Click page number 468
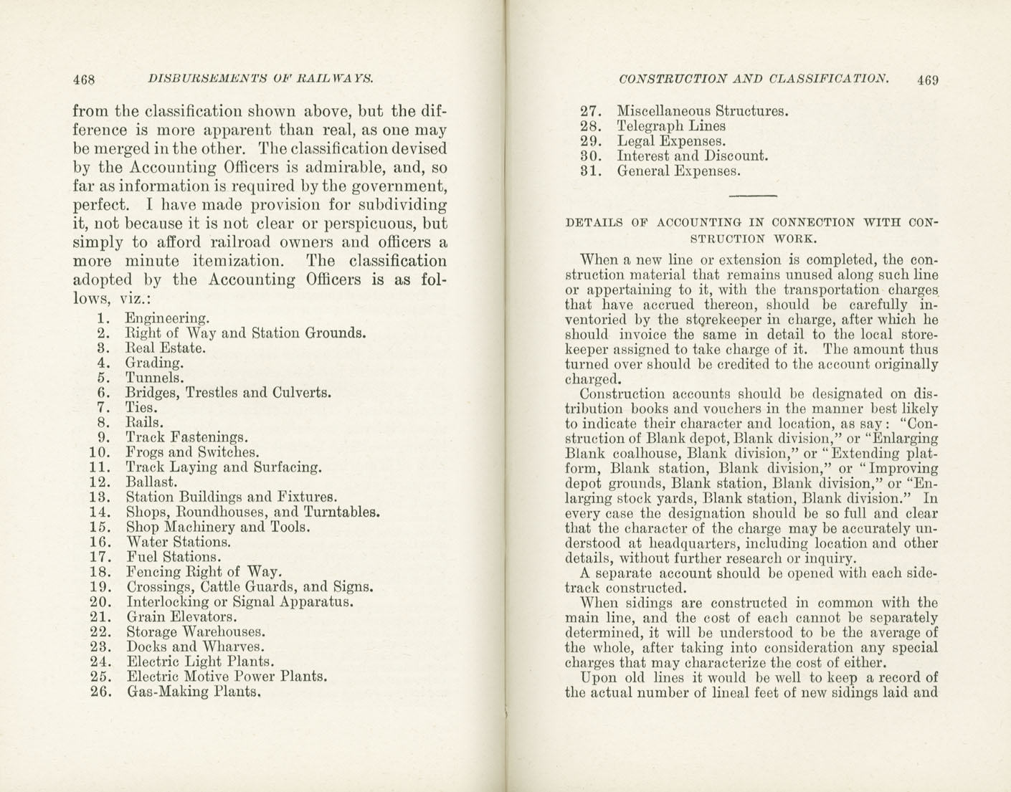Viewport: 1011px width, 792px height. coord(84,80)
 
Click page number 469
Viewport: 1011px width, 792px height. coord(927,80)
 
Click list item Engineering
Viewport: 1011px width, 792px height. coord(168,318)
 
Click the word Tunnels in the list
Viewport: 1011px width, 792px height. coord(155,378)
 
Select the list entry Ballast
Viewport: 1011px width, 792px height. coord(151,482)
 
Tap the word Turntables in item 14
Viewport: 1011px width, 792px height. coord(341,512)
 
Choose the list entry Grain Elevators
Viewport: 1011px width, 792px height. coord(181,616)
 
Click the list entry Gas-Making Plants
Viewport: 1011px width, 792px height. coord(194,692)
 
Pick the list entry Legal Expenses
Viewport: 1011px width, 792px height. coord(671,141)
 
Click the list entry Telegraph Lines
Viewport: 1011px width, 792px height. coord(671,126)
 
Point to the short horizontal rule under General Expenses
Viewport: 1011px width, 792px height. coord(752,195)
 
